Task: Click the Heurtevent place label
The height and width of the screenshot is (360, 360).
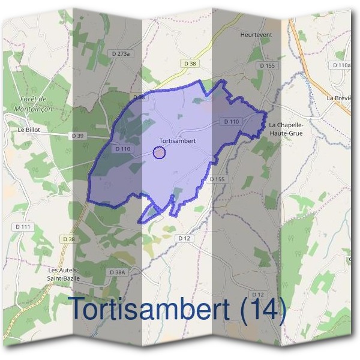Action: [256, 35]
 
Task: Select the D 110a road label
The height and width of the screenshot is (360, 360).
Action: [341, 65]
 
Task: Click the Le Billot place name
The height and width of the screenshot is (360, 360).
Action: [29, 129]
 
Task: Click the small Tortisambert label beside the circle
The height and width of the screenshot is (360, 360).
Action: [178, 142]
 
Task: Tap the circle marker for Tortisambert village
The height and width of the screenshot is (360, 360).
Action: [159, 152]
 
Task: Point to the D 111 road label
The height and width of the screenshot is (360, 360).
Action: [23, 226]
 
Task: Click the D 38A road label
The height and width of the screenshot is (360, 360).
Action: [118, 272]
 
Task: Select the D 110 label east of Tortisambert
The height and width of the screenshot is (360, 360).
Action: [232, 121]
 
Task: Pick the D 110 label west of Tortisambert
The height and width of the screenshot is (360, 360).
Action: [123, 149]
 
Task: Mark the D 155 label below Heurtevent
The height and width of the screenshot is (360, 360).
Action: [267, 65]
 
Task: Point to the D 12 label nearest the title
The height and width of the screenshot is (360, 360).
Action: [258, 294]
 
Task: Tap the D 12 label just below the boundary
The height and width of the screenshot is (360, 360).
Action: [184, 238]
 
